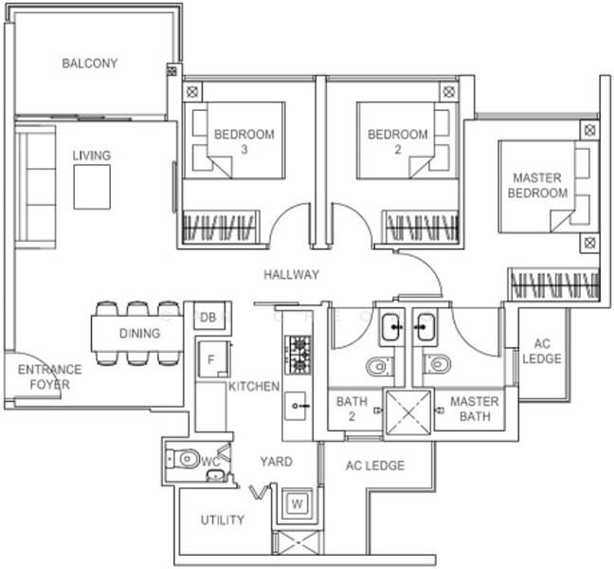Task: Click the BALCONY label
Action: tap(90, 64)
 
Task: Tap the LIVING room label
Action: tap(92, 156)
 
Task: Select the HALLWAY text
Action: tap(291, 275)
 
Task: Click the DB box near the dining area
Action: tap(208, 317)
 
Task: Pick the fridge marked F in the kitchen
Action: tap(213, 361)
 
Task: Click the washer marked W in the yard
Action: tap(297, 503)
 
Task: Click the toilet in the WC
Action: tap(186, 460)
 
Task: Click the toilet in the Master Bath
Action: tap(436, 364)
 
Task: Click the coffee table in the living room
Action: tap(93, 185)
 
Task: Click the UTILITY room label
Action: tap(222, 520)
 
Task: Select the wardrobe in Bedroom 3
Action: tap(219, 228)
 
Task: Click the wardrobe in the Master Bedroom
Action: tap(553, 284)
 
